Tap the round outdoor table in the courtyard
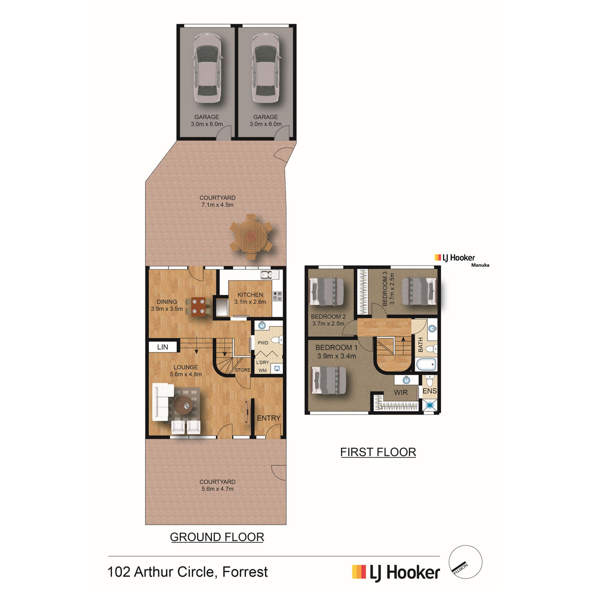(x=251, y=236)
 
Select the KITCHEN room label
(x=250, y=295)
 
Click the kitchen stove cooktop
(x=277, y=296)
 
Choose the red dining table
(x=199, y=307)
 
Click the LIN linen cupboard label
(x=163, y=347)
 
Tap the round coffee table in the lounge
(x=184, y=405)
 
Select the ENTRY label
(x=268, y=418)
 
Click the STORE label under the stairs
(x=242, y=370)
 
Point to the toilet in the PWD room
(x=278, y=340)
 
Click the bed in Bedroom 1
(x=328, y=381)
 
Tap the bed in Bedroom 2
(x=327, y=291)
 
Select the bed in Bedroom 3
(x=419, y=291)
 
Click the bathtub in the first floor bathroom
(x=426, y=364)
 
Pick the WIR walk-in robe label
(x=401, y=392)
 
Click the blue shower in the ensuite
(x=430, y=406)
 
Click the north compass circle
(x=466, y=562)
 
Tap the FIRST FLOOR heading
(x=378, y=452)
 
